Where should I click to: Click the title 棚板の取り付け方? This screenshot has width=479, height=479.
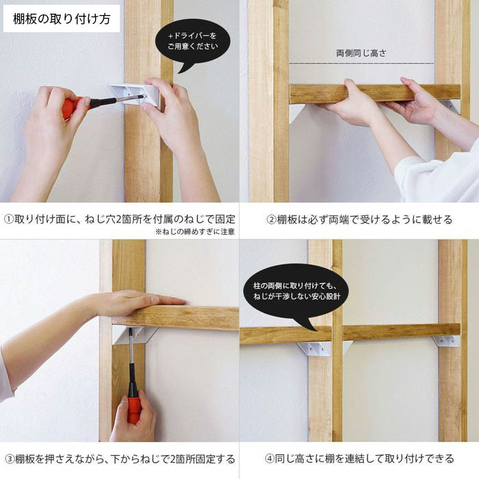(62, 19)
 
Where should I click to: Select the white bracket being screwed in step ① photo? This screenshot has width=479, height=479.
(135, 94)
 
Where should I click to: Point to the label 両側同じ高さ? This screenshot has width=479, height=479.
(361, 53)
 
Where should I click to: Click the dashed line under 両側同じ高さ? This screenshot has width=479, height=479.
(361, 63)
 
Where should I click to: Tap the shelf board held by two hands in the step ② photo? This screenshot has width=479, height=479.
(375, 93)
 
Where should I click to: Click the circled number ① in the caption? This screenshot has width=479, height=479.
(9, 220)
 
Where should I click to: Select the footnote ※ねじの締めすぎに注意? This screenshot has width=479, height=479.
(195, 231)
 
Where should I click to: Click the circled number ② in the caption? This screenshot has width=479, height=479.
(271, 220)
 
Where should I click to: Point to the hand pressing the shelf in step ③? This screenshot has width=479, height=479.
(138, 302)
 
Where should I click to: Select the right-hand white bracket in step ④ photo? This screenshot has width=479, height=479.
(446, 341)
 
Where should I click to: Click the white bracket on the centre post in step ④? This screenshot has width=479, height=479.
(324, 348)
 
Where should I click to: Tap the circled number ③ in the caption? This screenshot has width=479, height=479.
(10, 459)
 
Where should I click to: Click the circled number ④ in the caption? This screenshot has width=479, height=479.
(269, 458)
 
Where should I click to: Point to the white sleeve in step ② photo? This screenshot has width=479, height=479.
(437, 177)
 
